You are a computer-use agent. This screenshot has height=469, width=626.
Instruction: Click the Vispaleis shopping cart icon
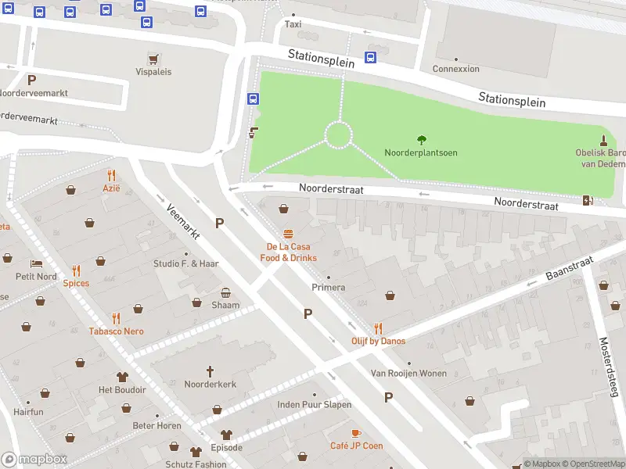point(153,59)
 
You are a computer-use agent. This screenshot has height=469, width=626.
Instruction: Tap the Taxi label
point(293,24)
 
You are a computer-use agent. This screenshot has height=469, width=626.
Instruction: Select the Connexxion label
point(455,69)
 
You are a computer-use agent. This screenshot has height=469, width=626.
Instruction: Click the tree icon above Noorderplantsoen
point(422,140)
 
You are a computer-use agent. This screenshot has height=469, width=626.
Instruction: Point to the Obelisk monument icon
point(603,140)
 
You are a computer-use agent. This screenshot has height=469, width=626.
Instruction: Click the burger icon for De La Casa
point(289,234)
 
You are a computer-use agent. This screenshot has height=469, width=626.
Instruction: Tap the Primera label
point(328,287)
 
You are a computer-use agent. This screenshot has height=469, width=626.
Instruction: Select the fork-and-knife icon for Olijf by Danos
point(379,328)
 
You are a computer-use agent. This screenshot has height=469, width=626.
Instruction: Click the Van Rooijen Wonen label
point(408,374)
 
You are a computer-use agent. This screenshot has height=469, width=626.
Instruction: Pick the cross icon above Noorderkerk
point(210,371)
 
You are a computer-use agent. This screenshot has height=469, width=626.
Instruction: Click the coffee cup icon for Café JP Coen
point(356,433)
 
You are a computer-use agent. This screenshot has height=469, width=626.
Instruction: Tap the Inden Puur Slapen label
point(314,405)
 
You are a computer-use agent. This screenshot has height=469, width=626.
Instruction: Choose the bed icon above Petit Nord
point(36,263)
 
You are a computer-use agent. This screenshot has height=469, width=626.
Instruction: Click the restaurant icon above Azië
point(111,175)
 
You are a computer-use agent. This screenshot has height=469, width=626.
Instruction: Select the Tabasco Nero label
point(116,331)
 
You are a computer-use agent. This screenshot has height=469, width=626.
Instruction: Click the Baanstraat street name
point(569,270)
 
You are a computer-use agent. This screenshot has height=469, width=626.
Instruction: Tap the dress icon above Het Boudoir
point(122,377)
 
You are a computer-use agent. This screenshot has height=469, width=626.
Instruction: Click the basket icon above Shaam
point(226,292)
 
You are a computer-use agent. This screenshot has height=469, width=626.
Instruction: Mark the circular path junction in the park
point(338,135)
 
